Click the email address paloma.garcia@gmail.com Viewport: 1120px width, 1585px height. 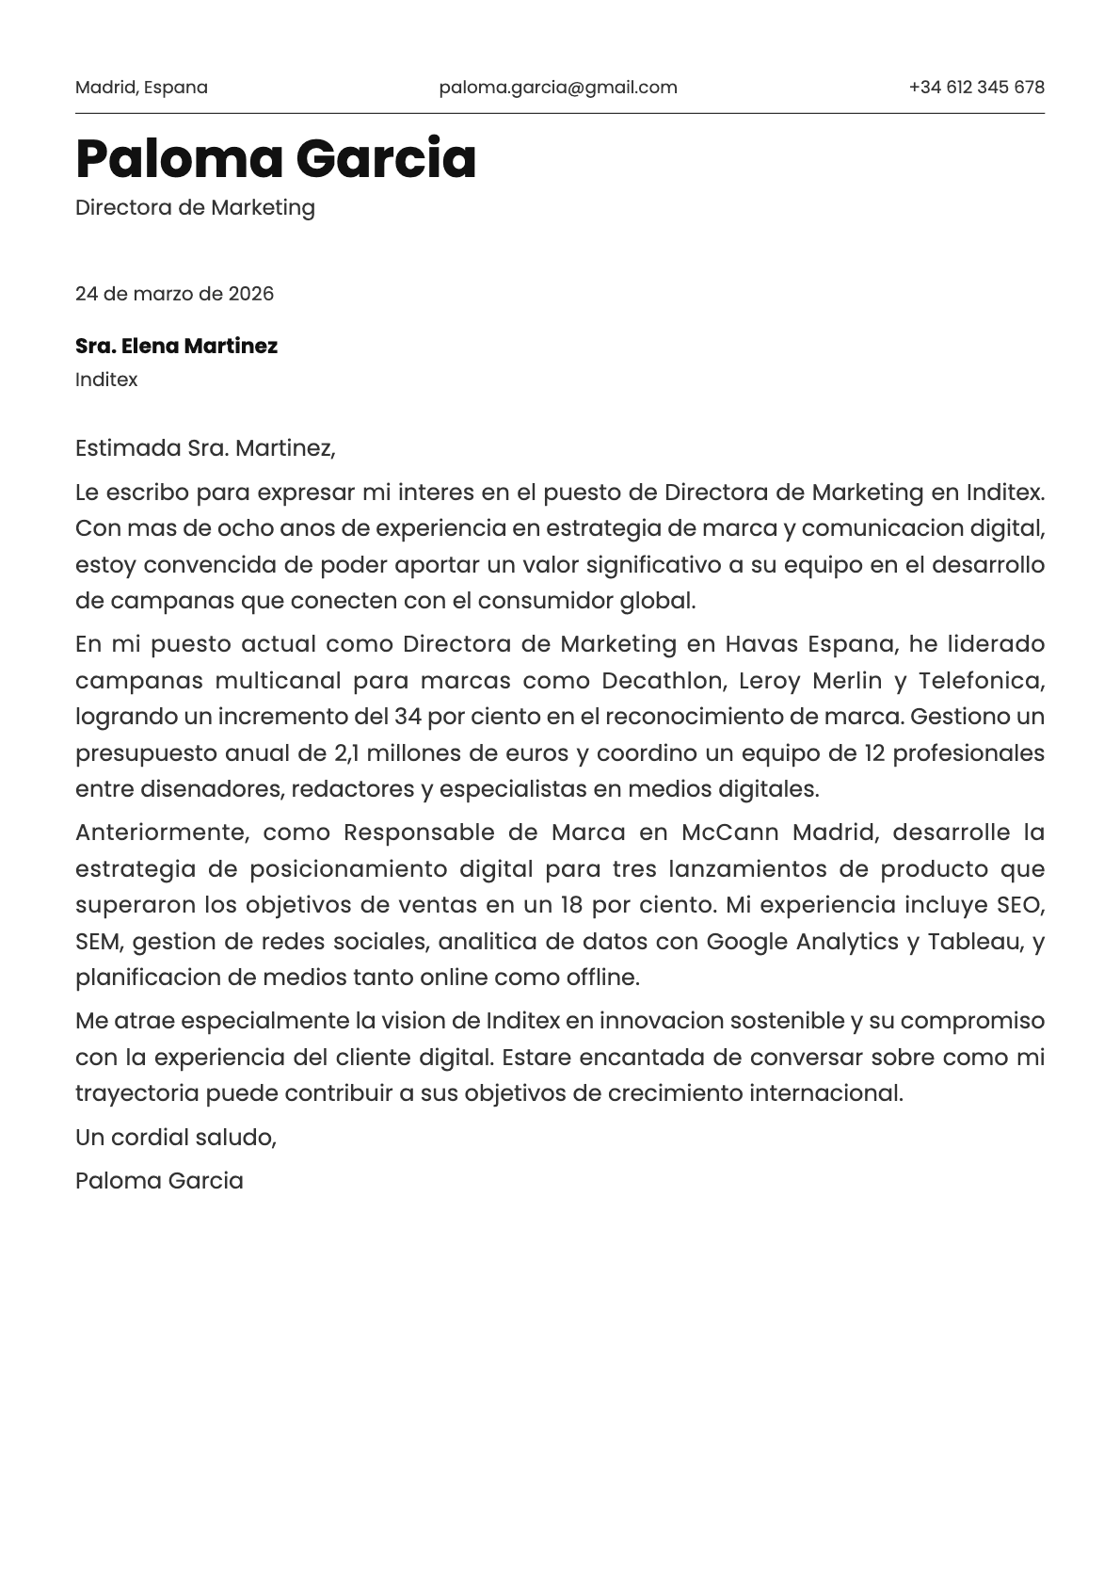[x=558, y=88]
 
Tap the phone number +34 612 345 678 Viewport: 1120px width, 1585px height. [x=976, y=88]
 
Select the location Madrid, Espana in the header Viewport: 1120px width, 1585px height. [x=141, y=88]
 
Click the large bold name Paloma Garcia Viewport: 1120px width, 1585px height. [x=276, y=158]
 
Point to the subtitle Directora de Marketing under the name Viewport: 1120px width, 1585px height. [x=195, y=207]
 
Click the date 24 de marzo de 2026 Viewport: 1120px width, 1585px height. [x=174, y=294]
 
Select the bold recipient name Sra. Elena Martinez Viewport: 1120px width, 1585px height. [x=176, y=346]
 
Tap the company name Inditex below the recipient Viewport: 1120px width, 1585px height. [x=106, y=380]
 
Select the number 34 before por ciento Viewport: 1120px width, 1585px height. [x=408, y=717]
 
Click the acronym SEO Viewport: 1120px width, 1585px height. [x=1020, y=905]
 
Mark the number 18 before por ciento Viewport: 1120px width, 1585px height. [x=571, y=905]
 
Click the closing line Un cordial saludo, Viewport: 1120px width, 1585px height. [x=176, y=1137]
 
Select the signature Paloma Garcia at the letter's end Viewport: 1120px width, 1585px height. [x=159, y=1180]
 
